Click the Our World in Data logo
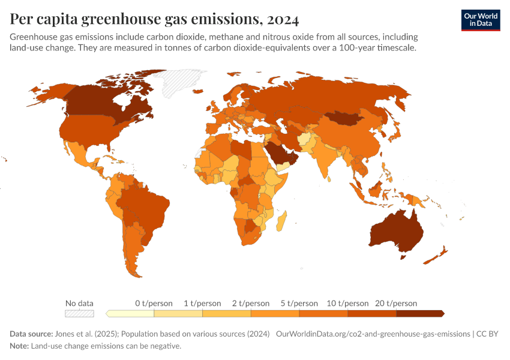click(480, 20)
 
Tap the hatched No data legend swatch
click(79, 313)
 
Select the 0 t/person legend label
click(154, 304)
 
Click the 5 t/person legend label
click(299, 304)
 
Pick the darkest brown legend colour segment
click(419, 313)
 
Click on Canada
click(102, 102)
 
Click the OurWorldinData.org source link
click(373, 334)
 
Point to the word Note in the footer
click(19, 346)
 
